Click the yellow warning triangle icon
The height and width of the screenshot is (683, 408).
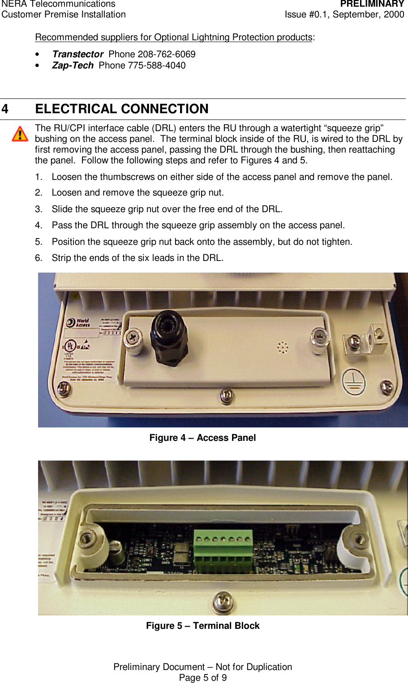(x=20, y=134)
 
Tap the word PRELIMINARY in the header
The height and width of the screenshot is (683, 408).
(x=372, y=4)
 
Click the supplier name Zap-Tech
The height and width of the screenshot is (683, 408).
(x=73, y=65)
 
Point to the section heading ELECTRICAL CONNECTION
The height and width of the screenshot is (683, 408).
(x=122, y=109)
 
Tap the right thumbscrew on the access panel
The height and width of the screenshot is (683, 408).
(x=319, y=340)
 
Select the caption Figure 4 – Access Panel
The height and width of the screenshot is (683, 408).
(x=202, y=438)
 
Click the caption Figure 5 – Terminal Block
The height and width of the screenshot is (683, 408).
(x=202, y=626)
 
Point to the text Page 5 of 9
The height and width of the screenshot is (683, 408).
(x=202, y=678)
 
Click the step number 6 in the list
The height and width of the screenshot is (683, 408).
(x=39, y=258)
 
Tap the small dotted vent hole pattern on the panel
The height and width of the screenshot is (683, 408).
(x=283, y=347)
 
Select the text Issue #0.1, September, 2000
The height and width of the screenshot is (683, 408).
(x=344, y=14)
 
